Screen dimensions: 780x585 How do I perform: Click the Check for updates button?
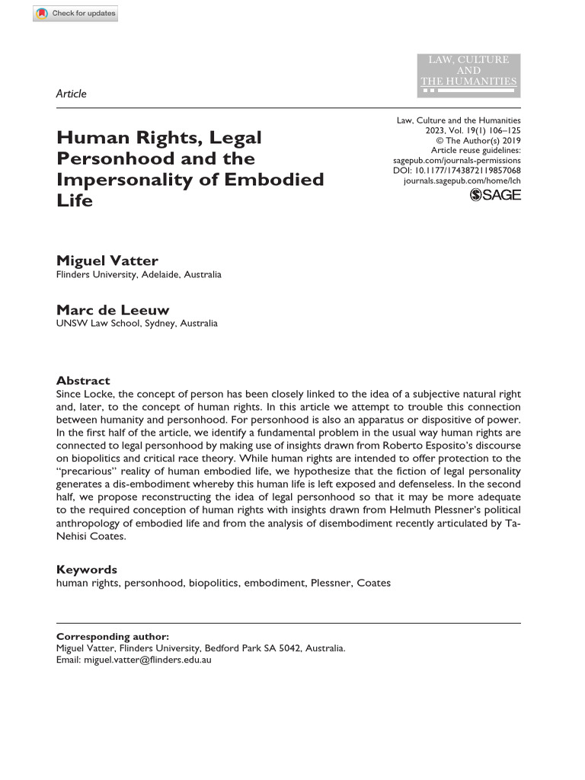coord(75,13)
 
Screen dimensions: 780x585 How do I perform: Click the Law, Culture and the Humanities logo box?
coord(469,75)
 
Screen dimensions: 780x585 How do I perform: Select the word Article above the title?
coord(72,94)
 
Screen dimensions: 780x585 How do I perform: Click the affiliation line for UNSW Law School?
coord(137,323)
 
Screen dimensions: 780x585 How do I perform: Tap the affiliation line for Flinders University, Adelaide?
coord(139,274)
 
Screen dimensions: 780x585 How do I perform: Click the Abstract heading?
coord(83,380)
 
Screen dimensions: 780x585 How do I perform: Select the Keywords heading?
coord(87,569)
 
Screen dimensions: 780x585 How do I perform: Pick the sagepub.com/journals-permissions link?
coord(456,161)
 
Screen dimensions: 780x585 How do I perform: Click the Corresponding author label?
coord(113,637)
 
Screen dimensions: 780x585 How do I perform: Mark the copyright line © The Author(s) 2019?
coord(478,141)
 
